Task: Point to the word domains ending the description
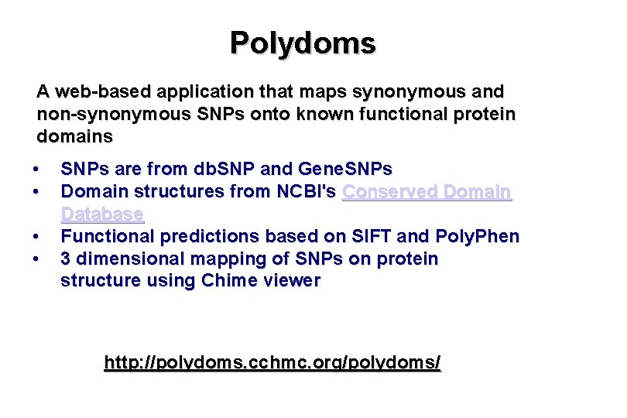pos(75,137)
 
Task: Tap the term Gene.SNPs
pos(344,169)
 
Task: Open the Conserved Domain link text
pos(427,191)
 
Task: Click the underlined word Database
pos(102,214)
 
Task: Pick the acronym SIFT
pos(370,236)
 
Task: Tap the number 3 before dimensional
pos(66,259)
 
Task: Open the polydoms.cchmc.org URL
pos(272,362)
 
